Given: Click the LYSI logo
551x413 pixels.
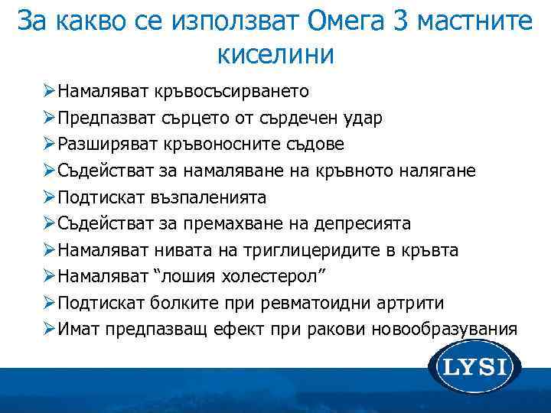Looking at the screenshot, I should [474, 368].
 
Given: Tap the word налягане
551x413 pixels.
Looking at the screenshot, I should [439, 171].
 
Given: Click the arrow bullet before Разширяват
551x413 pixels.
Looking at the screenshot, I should [49, 145].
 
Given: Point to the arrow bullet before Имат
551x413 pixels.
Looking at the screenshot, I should [49, 329].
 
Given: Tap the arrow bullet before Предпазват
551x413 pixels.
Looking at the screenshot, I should [49, 119].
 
